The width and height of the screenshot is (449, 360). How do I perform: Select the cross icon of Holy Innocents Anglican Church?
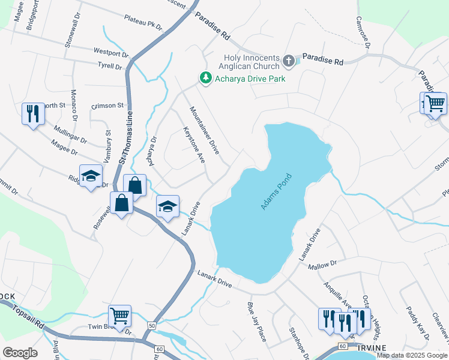tap(289, 61)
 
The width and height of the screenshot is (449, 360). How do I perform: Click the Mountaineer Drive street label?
tap(205, 130)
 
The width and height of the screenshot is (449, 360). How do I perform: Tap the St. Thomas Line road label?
tap(124, 140)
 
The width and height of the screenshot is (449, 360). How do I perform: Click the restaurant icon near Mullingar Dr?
tap(32, 113)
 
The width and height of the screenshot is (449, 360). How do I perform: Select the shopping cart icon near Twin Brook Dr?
tap(120, 315)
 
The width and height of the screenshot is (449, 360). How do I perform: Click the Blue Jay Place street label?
tap(256, 321)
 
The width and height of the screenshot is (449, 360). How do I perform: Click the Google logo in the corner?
tap(20, 352)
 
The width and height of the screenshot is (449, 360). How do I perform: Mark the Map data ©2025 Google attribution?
tap(411, 355)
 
